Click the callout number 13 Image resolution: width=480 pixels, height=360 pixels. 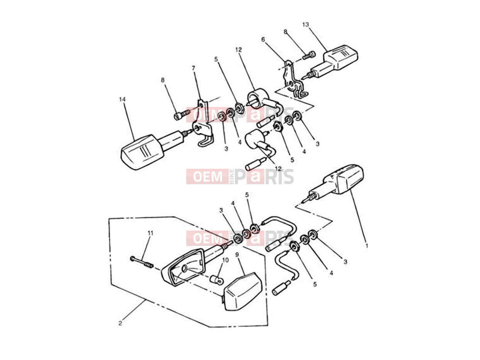[x=305, y=25]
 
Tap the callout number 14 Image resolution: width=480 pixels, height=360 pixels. [x=123, y=99]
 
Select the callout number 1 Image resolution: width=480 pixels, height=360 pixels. [x=366, y=246]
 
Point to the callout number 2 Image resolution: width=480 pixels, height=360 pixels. [x=120, y=323]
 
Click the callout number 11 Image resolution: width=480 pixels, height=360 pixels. [x=150, y=233]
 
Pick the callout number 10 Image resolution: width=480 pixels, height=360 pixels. [x=225, y=260]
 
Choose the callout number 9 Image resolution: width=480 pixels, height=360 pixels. [x=237, y=255]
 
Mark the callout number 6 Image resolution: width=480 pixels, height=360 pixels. [x=263, y=39]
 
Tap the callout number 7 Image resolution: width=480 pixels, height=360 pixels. [x=193, y=68]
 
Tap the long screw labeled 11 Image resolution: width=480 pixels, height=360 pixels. [x=142, y=263]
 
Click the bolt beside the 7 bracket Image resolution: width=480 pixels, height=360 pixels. [x=182, y=115]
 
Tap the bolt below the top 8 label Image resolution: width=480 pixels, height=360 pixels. [x=308, y=54]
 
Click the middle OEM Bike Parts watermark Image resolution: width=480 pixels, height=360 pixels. [x=240, y=176]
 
